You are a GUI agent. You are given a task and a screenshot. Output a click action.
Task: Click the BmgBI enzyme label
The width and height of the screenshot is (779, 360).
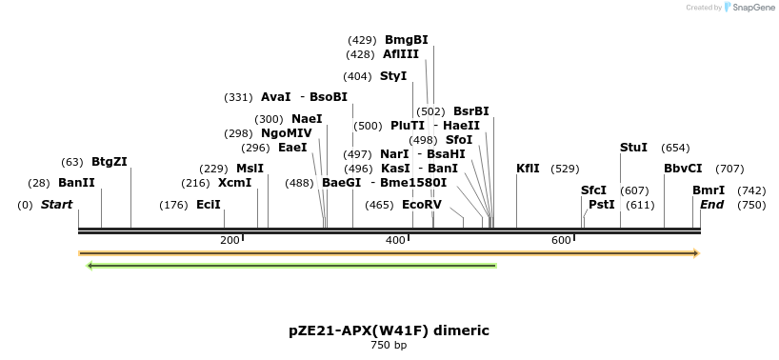406,40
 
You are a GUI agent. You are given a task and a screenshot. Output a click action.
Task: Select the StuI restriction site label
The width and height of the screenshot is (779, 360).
633,148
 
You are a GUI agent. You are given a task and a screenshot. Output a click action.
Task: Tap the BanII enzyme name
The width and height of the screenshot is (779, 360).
76,183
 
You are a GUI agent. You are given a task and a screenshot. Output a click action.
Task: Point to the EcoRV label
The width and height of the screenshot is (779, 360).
422,205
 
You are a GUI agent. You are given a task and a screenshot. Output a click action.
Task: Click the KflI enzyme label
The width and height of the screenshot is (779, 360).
528,169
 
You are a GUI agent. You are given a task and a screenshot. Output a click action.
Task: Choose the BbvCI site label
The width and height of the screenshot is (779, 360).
683,169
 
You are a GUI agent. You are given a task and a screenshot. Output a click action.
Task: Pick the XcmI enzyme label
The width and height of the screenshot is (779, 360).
234,183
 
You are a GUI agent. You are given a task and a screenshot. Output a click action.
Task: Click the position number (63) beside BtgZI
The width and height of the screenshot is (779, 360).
72,162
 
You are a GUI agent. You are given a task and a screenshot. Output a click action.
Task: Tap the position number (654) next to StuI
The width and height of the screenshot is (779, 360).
675,148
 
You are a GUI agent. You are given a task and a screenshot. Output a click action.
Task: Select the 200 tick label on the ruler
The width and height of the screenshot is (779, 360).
230,240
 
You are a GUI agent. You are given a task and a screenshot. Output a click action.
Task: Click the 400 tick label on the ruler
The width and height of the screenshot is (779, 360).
395,240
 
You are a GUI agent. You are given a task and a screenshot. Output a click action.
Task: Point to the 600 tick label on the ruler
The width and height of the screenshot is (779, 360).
561,240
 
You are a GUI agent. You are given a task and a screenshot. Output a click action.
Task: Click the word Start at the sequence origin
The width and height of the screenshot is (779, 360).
56,205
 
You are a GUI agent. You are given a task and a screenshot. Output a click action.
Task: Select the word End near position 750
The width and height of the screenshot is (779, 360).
712,205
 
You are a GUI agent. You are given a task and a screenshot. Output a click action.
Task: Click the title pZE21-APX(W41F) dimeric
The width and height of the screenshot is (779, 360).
389,330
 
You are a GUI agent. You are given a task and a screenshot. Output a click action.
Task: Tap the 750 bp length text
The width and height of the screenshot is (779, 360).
389,345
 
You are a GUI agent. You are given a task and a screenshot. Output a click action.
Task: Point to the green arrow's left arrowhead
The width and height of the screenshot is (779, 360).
89,266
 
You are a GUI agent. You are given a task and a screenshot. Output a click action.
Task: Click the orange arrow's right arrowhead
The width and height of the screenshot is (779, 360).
697,253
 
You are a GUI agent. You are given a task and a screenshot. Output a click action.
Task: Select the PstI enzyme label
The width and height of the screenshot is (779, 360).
602,205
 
